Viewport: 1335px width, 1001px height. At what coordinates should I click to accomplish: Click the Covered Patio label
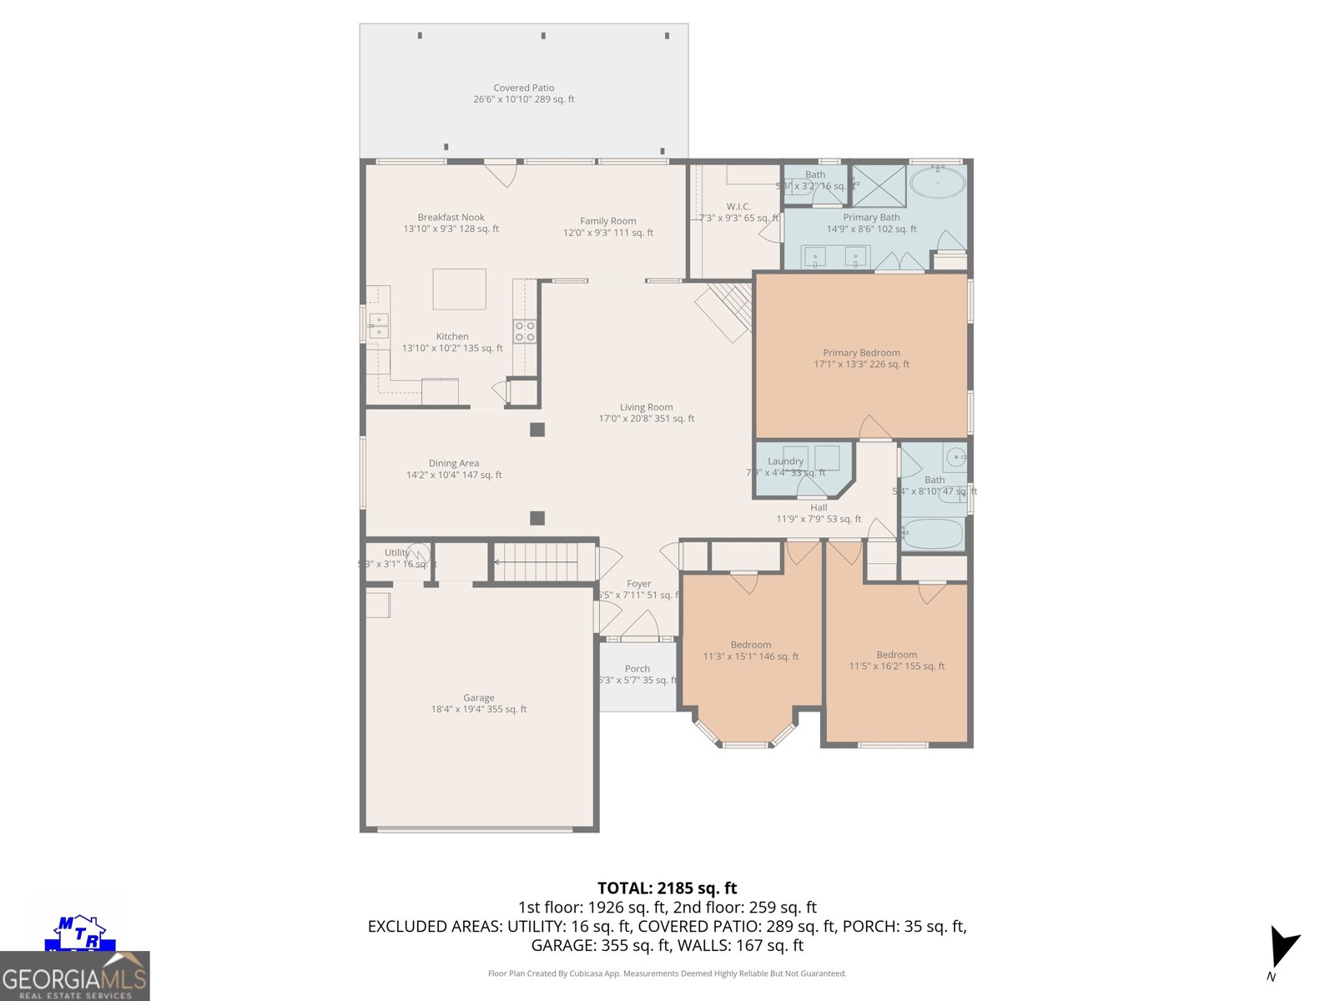point(524,93)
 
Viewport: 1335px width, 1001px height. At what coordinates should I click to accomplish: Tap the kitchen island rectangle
point(459,289)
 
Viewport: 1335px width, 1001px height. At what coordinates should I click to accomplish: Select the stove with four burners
point(525,331)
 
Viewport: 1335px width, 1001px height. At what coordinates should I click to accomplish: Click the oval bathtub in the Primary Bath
point(937,182)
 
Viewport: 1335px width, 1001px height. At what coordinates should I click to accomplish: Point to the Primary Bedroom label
point(861,358)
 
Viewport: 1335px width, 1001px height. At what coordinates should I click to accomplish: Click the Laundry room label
point(786,461)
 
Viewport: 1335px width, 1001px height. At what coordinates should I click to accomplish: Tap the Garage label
point(479,703)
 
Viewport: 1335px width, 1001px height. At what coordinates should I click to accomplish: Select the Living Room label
point(646,413)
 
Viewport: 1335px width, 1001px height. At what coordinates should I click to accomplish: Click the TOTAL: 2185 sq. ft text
point(667,888)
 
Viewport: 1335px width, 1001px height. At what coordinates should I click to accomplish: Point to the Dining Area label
point(454,469)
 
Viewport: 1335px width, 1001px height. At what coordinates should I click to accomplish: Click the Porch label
point(637,674)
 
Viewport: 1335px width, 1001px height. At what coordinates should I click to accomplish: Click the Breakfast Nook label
point(451,223)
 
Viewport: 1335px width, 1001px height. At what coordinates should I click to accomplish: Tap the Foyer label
point(639,589)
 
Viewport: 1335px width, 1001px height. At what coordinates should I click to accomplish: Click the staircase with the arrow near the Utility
point(534,562)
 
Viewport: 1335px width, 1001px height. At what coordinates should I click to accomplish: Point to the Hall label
point(819,512)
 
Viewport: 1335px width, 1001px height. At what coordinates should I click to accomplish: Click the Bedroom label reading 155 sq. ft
point(897,660)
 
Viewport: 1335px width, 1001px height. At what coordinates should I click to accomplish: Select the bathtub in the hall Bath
point(933,534)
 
